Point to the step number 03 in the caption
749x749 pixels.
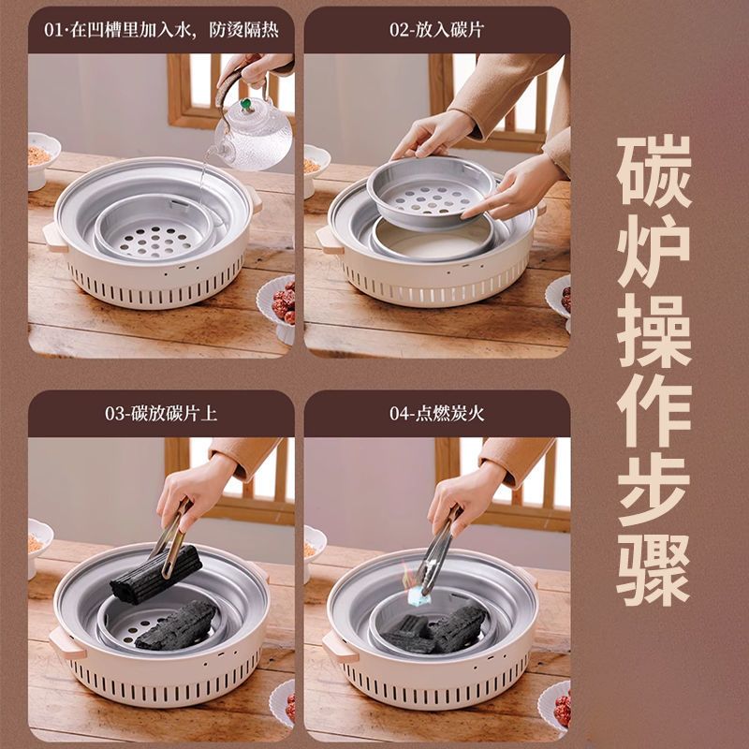[113, 414]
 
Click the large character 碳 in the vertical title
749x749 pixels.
[654, 171]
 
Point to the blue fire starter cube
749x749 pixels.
[418, 595]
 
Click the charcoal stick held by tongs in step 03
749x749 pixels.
[155, 574]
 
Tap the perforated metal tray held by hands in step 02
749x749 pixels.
[431, 193]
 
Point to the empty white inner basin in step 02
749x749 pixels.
[433, 242]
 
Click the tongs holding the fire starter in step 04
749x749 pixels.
[437, 550]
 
